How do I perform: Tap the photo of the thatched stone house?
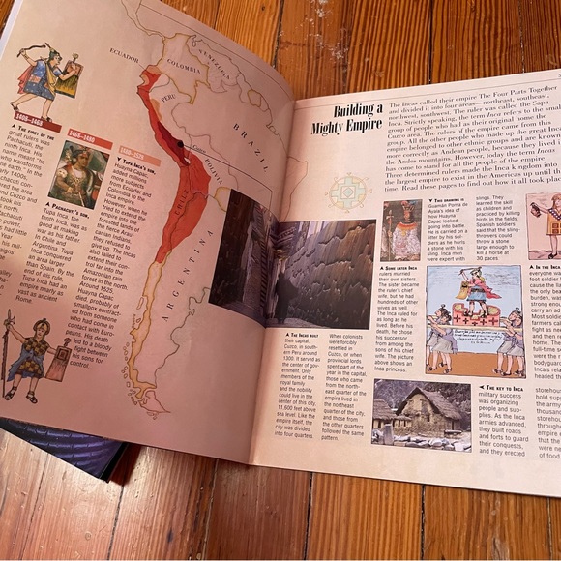tap(418, 412)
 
